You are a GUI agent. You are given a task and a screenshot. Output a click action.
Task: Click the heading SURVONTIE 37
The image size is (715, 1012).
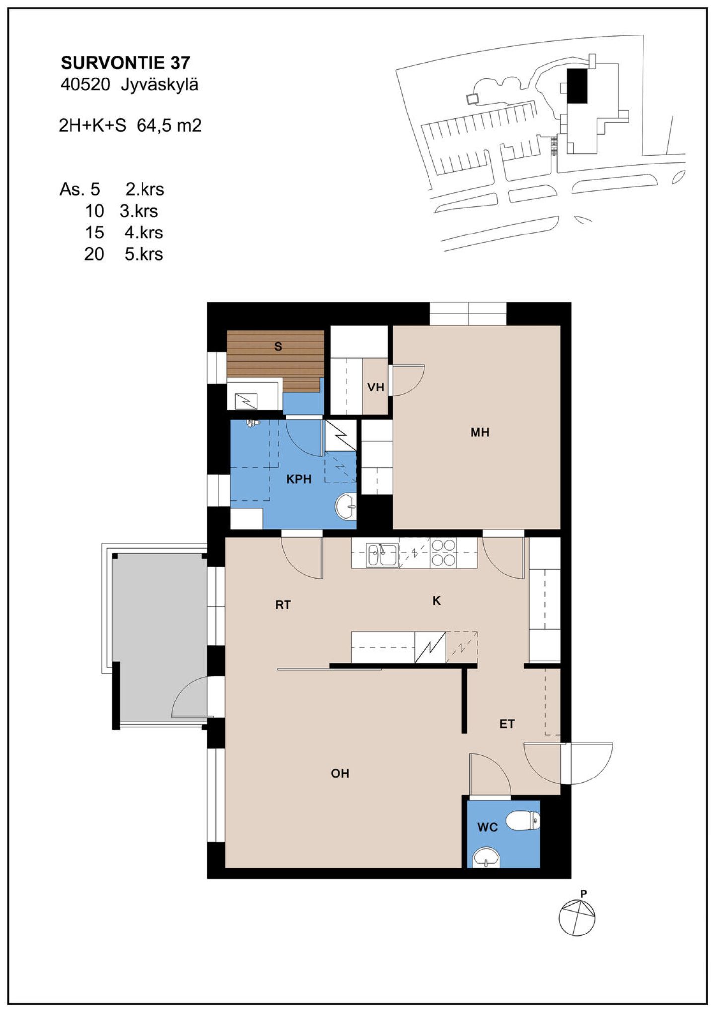125,63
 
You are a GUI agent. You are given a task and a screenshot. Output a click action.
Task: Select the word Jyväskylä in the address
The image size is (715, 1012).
159,85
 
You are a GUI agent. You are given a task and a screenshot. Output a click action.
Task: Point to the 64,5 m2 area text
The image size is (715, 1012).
169,126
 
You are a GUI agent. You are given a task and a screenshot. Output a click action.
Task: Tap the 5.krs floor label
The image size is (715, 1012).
144,254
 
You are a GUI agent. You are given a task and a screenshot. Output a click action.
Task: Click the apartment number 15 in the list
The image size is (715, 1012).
94,233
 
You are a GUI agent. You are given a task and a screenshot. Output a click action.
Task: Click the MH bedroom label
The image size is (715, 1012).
480,432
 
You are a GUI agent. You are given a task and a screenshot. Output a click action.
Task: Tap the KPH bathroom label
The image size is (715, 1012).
299,479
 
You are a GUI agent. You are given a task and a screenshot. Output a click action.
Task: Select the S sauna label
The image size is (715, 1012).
278,347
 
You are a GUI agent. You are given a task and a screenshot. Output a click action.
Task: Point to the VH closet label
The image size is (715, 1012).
376,387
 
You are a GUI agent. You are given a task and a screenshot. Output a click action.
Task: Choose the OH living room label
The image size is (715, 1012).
340,773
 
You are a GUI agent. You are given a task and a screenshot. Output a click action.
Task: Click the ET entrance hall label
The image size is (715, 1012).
507,724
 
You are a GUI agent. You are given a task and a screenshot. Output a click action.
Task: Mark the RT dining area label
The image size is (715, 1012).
283,605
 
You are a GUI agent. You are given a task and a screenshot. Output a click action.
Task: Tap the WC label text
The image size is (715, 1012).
487,827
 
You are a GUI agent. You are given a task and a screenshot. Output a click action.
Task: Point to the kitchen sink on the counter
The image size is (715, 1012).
382,555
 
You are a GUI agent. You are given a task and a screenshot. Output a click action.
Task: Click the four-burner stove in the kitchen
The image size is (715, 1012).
443,552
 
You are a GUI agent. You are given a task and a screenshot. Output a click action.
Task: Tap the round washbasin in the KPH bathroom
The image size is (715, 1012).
346,506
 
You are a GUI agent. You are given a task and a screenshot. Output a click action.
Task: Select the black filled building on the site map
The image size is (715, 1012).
577,85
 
